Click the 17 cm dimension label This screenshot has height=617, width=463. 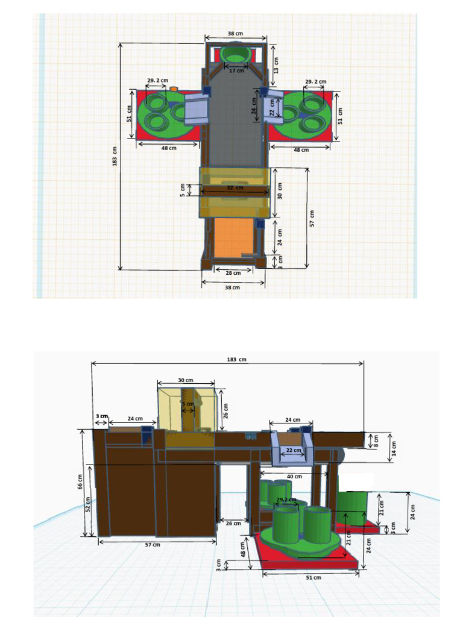(236, 70)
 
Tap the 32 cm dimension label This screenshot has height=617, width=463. (235, 188)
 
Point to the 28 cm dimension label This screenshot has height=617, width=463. (233, 273)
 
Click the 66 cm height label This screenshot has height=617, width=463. (80, 481)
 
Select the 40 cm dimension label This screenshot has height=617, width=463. (294, 477)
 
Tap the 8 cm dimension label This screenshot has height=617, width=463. (377, 440)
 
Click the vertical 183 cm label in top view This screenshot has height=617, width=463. (114, 157)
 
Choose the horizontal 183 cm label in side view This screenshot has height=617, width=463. (236, 359)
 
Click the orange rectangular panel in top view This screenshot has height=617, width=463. (234, 236)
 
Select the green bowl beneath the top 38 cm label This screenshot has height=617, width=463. (235, 54)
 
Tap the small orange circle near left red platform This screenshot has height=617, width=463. (174, 89)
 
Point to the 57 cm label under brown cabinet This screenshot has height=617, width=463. (153, 545)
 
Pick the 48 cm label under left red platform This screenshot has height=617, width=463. (168, 148)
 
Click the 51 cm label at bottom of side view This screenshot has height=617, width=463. (312, 577)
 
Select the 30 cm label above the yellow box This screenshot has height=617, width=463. (186, 380)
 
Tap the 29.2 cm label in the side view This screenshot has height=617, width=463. (286, 500)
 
